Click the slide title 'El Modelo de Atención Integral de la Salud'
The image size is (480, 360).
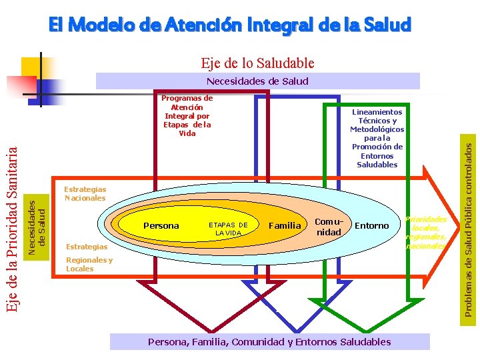point(230,25)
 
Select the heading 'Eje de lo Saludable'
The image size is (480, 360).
point(257,63)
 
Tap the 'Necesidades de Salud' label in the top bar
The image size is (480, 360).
point(257,81)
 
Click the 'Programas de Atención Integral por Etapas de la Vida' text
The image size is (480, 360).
point(187,115)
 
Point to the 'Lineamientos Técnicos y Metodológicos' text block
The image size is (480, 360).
point(377,138)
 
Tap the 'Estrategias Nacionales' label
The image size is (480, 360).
point(85,194)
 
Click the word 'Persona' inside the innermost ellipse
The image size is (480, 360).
point(161,226)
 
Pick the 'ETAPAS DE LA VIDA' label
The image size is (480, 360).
point(228,229)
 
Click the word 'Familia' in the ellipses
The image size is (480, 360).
point(285,226)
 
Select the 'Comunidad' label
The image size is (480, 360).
point(329,227)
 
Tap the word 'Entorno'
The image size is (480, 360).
point(371,226)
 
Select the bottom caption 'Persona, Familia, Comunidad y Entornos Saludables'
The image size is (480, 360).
point(269,342)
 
